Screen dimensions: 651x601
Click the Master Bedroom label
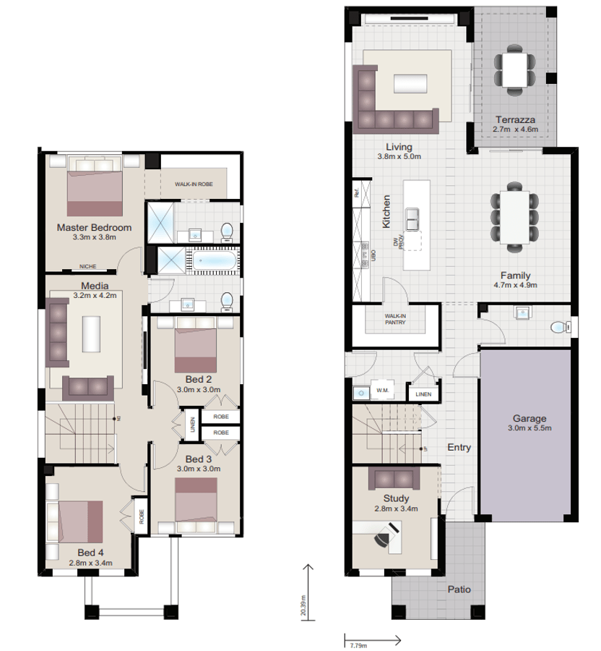tap(94, 227)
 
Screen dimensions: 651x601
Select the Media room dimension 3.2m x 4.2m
tap(94, 295)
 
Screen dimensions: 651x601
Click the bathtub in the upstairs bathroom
tap(212, 260)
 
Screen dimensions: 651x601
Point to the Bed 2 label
tap(198, 378)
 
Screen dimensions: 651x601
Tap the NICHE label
tap(87, 267)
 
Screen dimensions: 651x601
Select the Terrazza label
tap(514, 119)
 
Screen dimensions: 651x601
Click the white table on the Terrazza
tap(516, 69)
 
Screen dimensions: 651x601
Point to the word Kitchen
tap(387, 211)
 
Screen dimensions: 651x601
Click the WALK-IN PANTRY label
tap(394, 319)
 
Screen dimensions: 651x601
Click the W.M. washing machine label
tap(383, 391)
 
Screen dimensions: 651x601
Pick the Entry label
tap(459, 447)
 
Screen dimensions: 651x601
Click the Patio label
tap(459, 589)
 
